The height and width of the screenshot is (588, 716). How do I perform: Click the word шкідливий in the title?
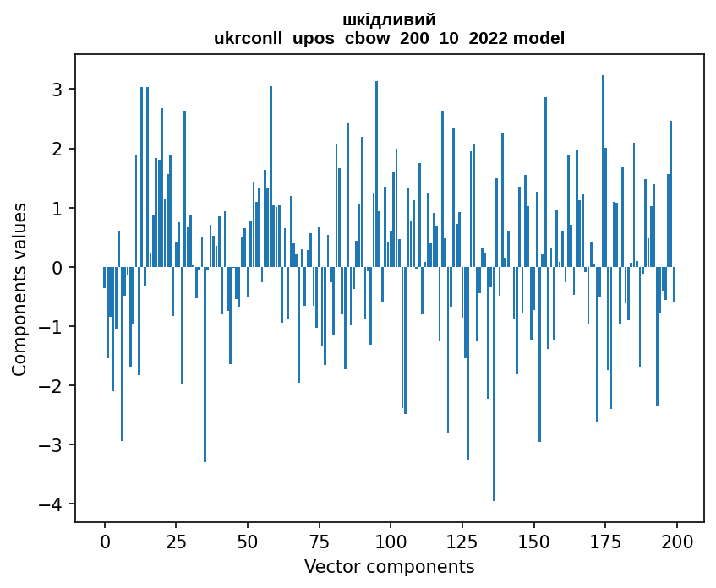pyautogui.click(x=389, y=19)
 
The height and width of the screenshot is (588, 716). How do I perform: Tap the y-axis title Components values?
pyautogui.click(x=19, y=289)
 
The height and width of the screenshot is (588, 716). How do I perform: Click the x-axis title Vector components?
pyautogui.click(x=389, y=566)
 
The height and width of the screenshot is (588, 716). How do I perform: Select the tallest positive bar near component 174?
pyautogui.click(x=603, y=169)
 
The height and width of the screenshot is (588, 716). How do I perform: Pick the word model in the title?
pyautogui.click(x=542, y=38)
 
